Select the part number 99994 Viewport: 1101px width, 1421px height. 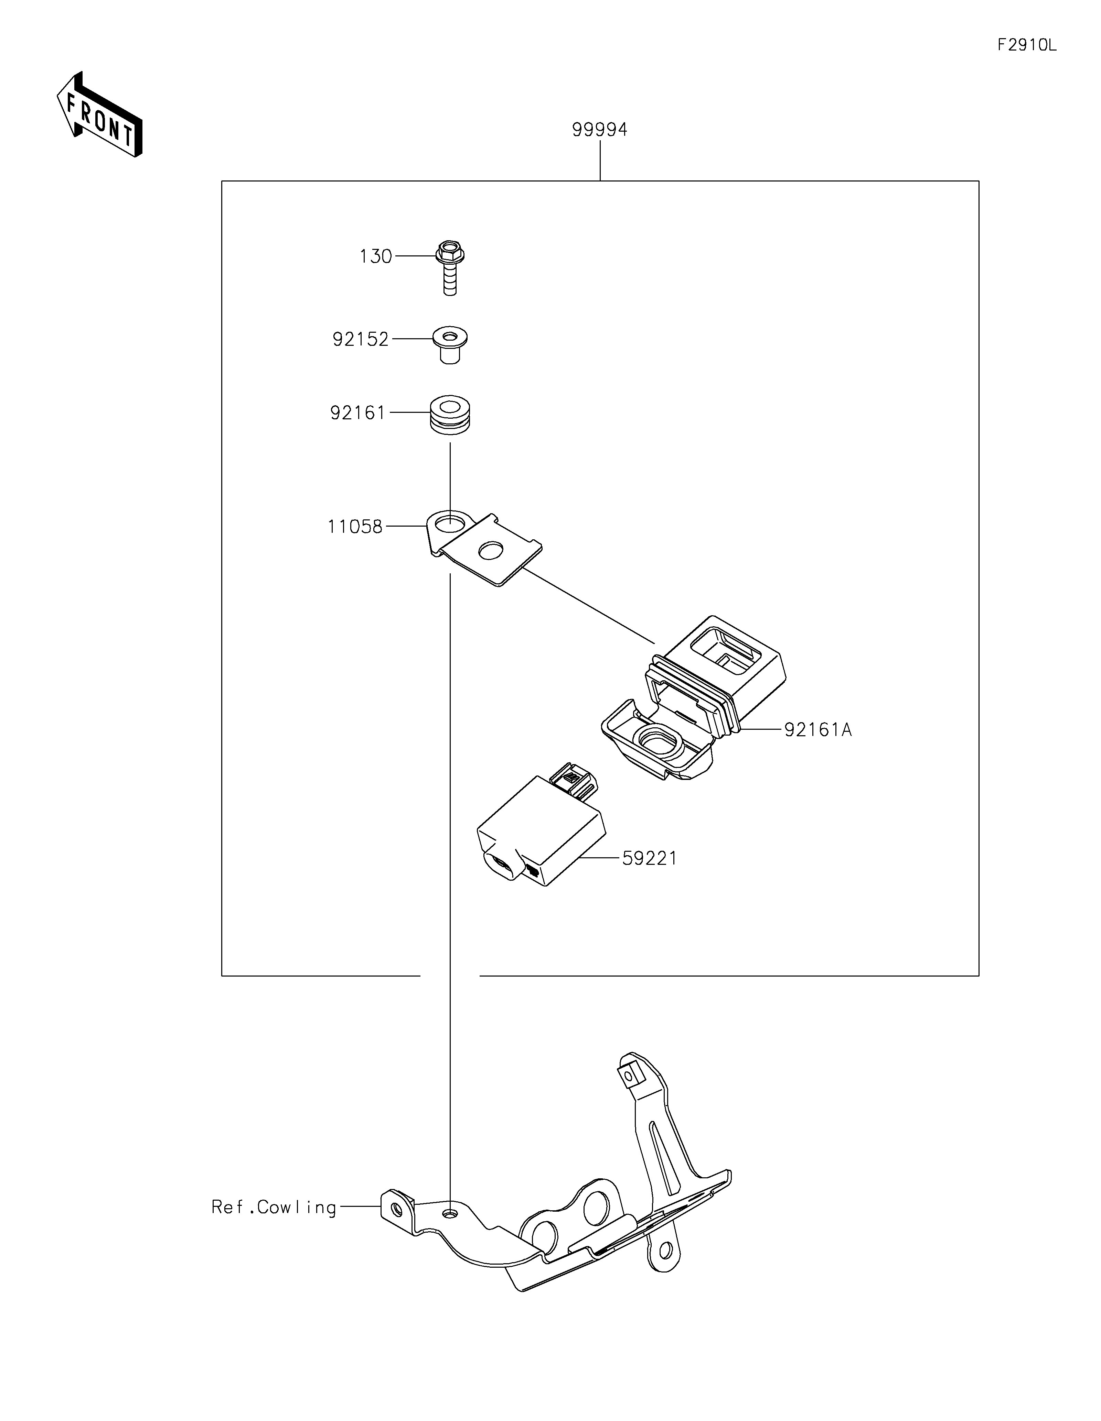(600, 130)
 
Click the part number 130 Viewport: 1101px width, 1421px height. (376, 256)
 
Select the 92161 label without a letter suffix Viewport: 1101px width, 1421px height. (358, 412)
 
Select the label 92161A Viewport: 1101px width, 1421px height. (818, 730)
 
